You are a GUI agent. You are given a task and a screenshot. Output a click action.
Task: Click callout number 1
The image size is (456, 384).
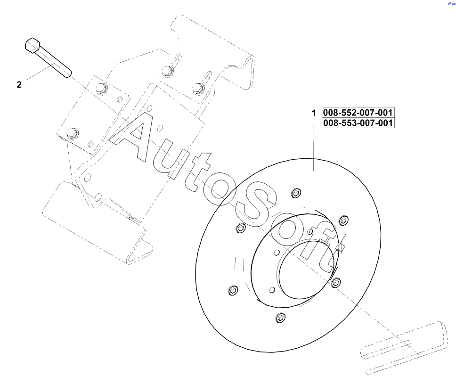point(314,114)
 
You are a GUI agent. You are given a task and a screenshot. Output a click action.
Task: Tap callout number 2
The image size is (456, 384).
point(19,85)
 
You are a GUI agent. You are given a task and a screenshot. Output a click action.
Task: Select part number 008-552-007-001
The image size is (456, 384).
point(358,113)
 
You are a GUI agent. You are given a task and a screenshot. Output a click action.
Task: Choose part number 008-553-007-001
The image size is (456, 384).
point(358,123)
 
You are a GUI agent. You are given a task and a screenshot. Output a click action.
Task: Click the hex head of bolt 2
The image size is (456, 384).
point(32,45)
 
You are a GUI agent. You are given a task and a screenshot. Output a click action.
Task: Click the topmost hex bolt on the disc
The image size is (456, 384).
point(296,193)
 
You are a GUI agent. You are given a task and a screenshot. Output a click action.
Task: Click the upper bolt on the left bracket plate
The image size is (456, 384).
point(100,88)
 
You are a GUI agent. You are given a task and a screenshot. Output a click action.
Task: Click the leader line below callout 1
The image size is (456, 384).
point(314,146)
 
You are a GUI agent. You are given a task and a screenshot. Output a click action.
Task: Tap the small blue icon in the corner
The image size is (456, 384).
point(451,3)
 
